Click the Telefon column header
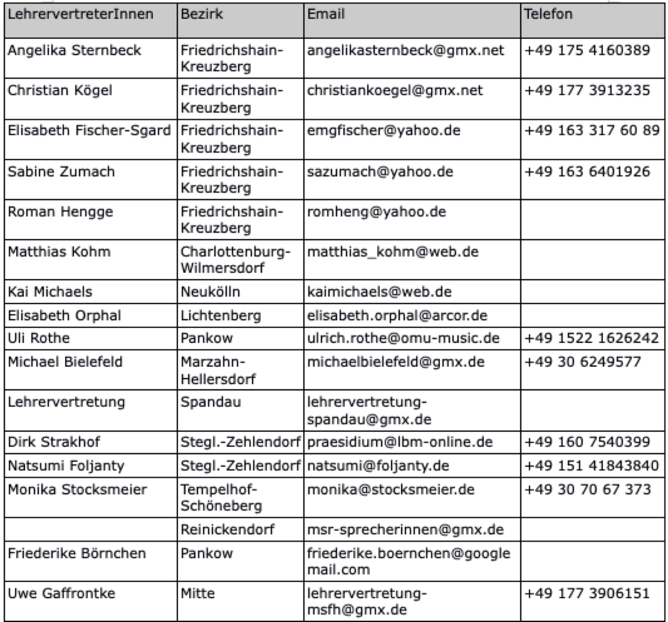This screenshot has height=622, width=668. coord(548,15)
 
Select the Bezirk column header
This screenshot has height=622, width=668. coord(201,15)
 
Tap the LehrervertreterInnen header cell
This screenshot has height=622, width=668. coord(80,15)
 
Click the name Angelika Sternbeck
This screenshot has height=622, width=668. coord(74,50)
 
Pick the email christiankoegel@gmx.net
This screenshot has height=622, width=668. coord(395,90)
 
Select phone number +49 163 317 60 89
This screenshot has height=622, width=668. coord(592,130)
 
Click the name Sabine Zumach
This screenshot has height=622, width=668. coord(61,172)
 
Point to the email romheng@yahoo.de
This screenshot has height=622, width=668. coord(376,212)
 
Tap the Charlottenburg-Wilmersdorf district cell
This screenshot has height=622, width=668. coord(235,259)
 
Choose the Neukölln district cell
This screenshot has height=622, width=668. coord(210,292)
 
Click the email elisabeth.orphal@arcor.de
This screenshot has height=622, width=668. coord(397,315)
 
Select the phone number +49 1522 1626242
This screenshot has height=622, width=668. coord(592,338)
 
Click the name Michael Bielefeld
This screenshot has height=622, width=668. coord(65,362)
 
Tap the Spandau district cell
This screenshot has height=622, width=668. coord(211,402)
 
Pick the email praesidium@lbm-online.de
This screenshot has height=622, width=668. coord(400,442)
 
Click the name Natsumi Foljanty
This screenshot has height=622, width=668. coord(66,466)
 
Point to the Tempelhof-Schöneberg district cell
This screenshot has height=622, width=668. coord(221,497)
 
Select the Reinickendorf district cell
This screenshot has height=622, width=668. coord(227,530)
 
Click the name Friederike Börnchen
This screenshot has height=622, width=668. coord(77,553)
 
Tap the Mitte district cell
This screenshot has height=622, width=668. coord(198,593)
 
